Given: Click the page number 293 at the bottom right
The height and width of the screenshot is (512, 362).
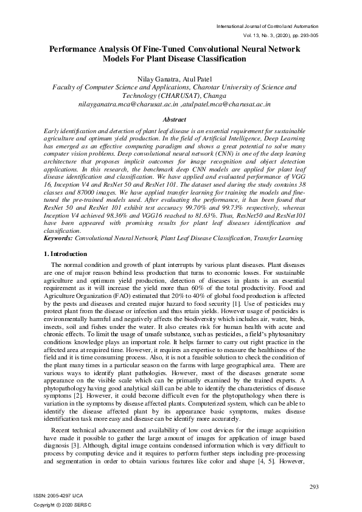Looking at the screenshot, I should point(314,486).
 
